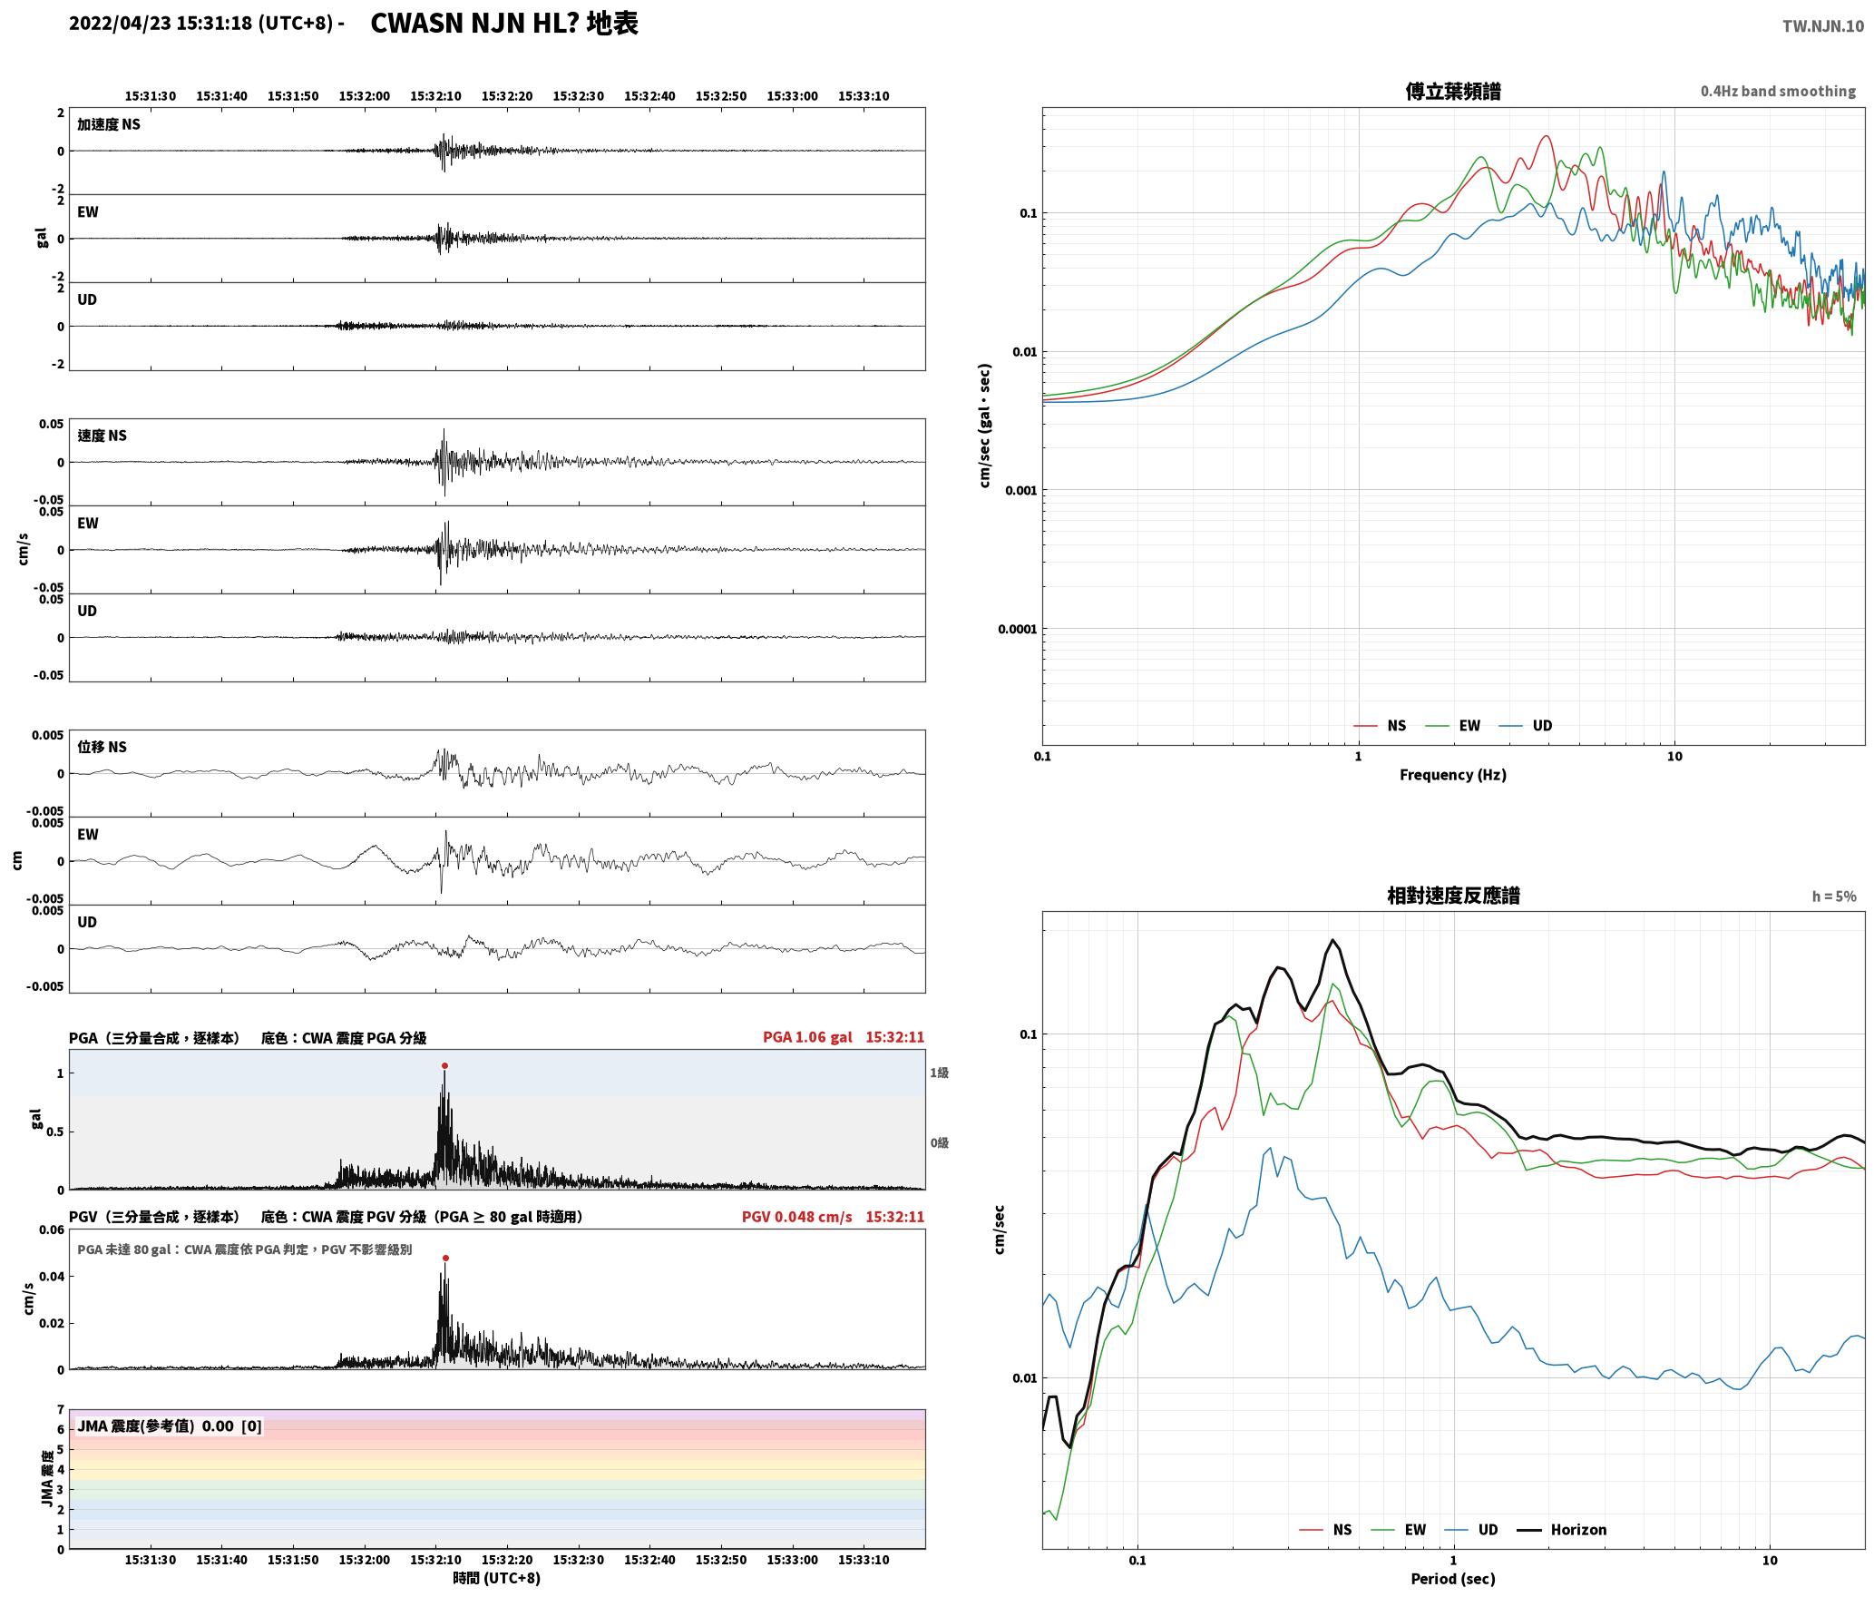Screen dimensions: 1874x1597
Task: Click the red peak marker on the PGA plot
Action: [x=444, y=1065]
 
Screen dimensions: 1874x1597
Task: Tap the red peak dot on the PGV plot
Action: [x=445, y=1258]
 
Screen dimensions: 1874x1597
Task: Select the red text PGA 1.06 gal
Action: [x=807, y=1037]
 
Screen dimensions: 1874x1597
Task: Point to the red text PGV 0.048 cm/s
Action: [x=796, y=1217]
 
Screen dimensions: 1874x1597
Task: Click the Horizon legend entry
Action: [x=1562, y=1530]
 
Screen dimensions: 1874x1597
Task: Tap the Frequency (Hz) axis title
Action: [x=1452, y=775]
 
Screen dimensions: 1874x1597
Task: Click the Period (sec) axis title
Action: [x=1452, y=1579]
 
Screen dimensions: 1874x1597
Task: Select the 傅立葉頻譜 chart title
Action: [x=1452, y=92]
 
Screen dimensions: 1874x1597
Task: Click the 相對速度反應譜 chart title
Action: [x=1453, y=896]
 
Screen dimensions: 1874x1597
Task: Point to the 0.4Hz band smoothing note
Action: [x=1778, y=92]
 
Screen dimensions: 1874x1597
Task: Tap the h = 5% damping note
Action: [x=1834, y=896]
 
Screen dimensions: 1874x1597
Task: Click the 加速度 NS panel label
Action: [x=109, y=124]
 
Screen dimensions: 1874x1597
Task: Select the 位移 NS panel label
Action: [x=102, y=747]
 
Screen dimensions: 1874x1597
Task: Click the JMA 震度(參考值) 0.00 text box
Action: [x=170, y=1426]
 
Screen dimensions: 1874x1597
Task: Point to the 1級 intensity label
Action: [x=939, y=1073]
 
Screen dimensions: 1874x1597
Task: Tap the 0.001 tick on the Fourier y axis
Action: [x=1020, y=491]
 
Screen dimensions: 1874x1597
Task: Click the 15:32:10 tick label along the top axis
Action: [x=435, y=96]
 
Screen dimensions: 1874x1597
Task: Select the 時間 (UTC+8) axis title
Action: [x=496, y=1579]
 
